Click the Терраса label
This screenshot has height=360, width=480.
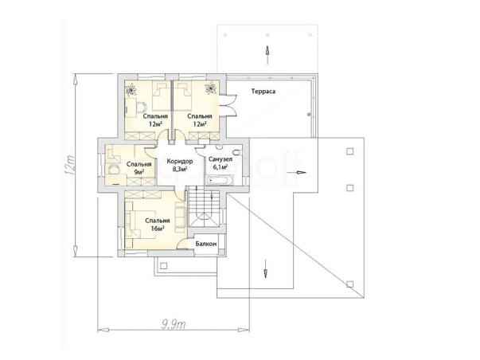click(263, 92)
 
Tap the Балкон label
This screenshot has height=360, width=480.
click(206, 244)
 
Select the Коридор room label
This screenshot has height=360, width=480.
click(180, 162)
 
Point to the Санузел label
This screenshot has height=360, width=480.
click(220, 159)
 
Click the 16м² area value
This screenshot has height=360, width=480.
click(158, 228)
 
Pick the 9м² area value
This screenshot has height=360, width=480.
click(139, 172)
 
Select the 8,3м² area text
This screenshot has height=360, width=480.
click(180, 169)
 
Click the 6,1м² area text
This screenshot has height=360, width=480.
click(220, 167)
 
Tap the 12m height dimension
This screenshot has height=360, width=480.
click(70, 166)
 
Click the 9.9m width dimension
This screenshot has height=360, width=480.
click(174, 324)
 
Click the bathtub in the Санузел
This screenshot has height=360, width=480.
click(220, 180)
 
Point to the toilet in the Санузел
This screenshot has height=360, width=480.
click(237, 152)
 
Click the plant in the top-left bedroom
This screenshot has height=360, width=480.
click(131, 89)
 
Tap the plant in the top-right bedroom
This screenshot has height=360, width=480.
click(211, 88)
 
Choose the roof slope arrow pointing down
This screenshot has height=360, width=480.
click(265, 269)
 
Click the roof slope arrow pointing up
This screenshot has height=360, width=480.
click(267, 55)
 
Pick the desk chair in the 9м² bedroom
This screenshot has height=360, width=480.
click(113, 170)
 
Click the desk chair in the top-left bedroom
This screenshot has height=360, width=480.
click(141, 107)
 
